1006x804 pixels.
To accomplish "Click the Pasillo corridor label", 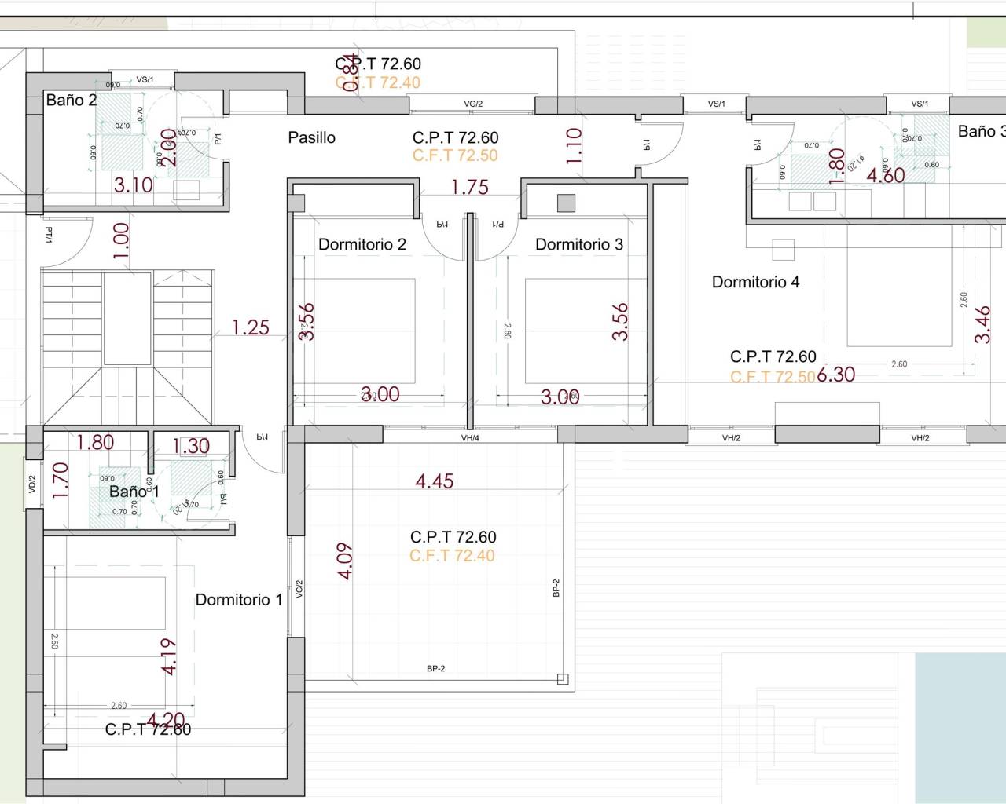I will tap(311, 137).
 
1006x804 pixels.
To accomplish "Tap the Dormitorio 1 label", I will tap(238, 600).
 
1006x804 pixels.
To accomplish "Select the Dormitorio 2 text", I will tap(362, 244).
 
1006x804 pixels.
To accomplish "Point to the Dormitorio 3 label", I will tap(578, 244).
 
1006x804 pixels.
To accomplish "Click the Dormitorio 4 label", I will tap(755, 282).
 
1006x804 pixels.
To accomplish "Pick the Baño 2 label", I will tap(71, 100).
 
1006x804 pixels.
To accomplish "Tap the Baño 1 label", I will tap(134, 492).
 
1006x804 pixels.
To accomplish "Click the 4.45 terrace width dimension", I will tap(435, 481).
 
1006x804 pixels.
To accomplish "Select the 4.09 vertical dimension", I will tap(344, 561).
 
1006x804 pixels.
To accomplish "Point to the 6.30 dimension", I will tap(835, 375).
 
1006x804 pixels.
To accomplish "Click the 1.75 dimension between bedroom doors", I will tap(469, 187).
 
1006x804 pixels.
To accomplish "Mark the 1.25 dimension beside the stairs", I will tap(251, 327).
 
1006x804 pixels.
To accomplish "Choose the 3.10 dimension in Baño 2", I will tap(134, 185).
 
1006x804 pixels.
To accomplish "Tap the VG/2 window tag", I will tap(473, 104).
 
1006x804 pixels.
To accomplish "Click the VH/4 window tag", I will tap(470, 438).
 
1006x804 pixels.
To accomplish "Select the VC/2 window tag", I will tap(299, 589).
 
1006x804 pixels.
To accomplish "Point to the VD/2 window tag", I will tap(32, 484).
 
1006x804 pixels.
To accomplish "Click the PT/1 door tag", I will tap(49, 235).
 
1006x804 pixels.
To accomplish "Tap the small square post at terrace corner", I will tap(562, 679).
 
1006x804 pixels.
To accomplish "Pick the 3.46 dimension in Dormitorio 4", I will tap(982, 324).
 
